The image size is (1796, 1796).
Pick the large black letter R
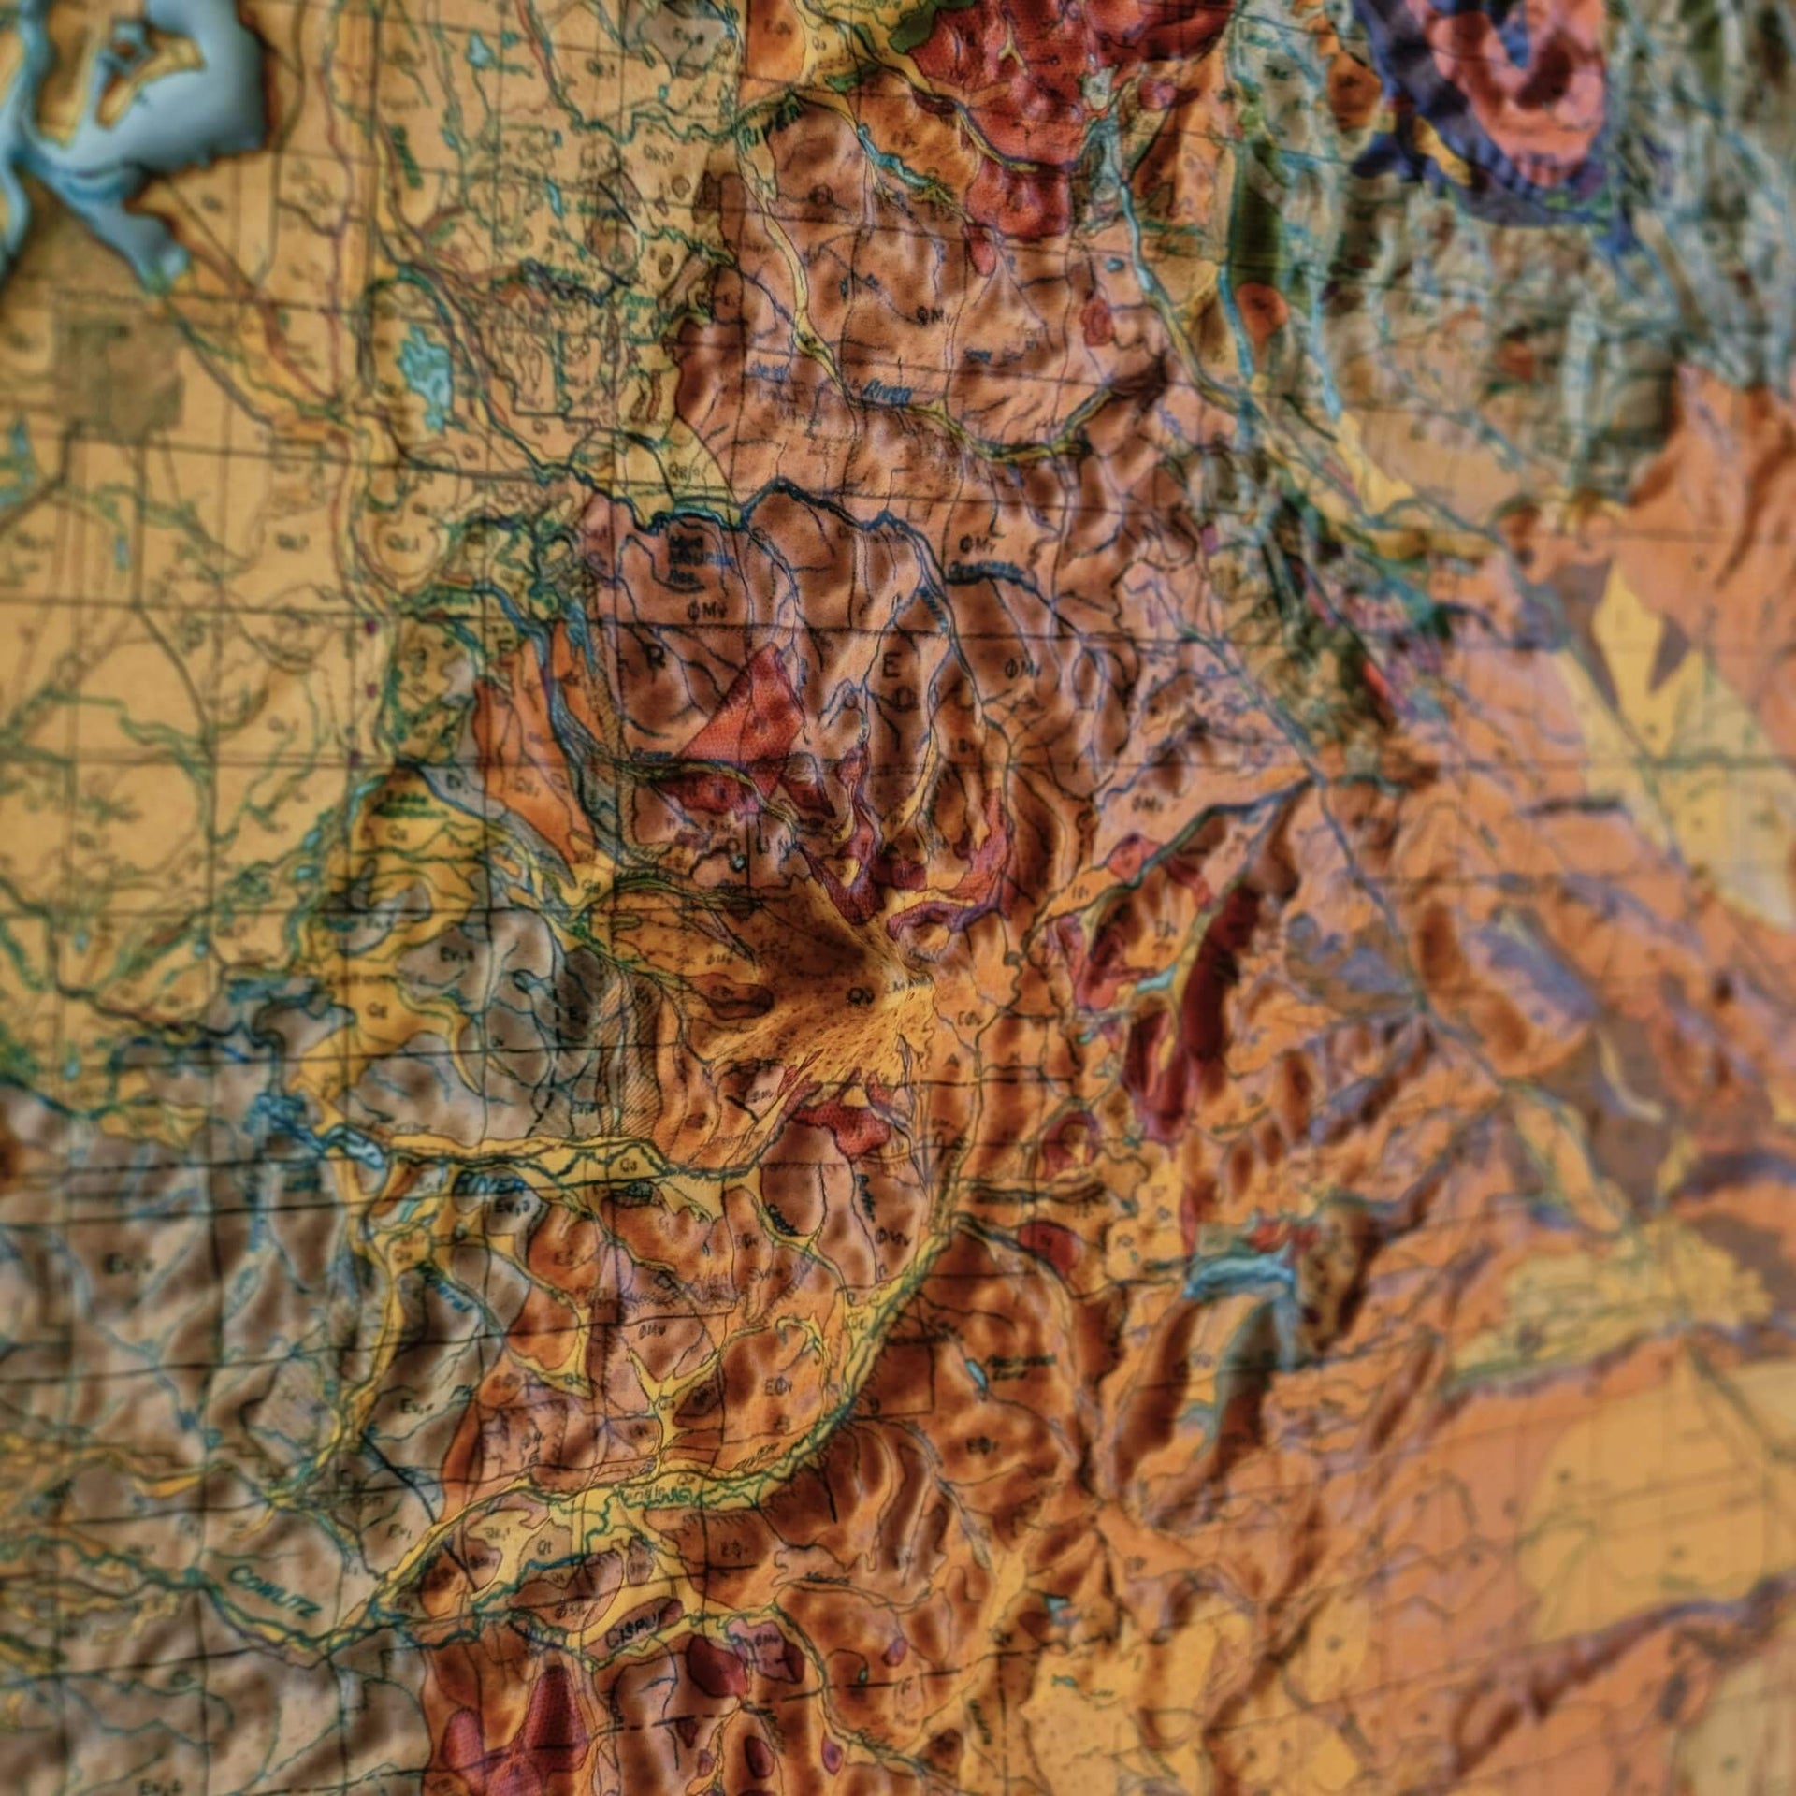(x=657, y=658)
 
